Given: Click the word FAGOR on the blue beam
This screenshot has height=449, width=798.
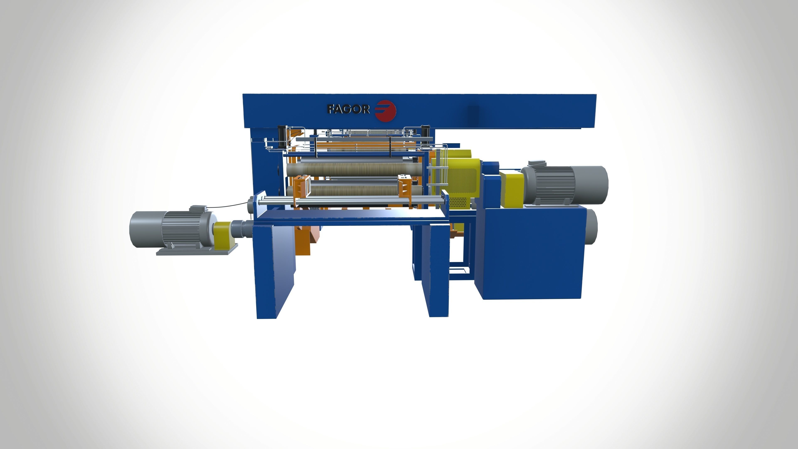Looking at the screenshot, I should (x=349, y=109).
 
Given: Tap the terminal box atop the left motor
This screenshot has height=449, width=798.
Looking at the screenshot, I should (x=198, y=208).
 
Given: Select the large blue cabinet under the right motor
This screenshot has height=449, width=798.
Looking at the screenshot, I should (x=530, y=253).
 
